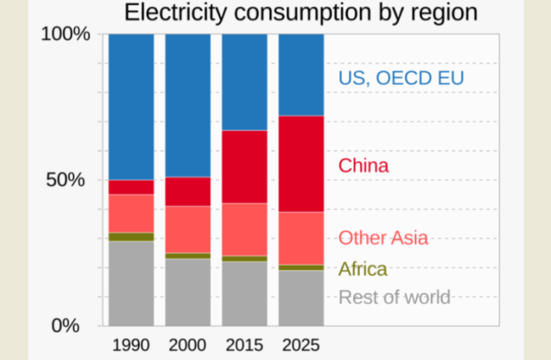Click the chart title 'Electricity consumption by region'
(301, 13)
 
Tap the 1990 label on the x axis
(131, 345)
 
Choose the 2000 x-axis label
(188, 345)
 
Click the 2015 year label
(244, 345)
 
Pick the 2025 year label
(301, 345)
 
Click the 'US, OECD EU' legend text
(401, 78)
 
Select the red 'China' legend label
(363, 166)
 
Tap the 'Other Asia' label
(383, 238)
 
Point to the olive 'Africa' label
(363, 269)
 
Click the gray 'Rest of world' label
(394, 297)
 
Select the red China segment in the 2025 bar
(301, 163)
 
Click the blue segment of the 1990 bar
(131, 107)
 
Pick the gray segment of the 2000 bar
(188, 291)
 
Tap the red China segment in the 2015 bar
(244, 166)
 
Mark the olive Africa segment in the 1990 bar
(131, 237)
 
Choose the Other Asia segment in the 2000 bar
(188, 229)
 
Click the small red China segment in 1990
(131, 187)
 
